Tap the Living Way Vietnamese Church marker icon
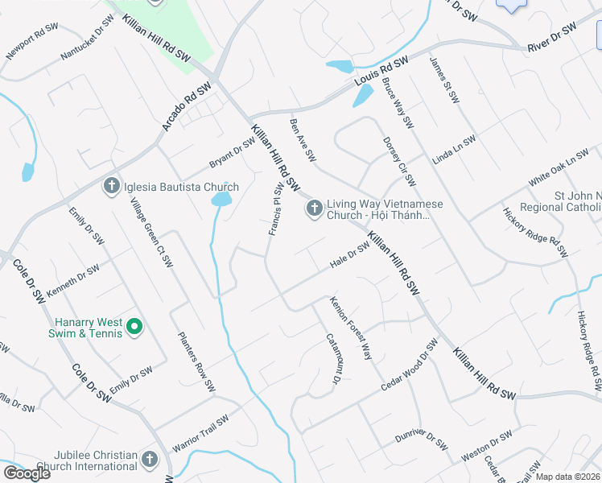pos(314,209)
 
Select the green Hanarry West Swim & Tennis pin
pos(135,328)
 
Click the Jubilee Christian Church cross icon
pos(148,460)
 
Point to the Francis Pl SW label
pos(276,209)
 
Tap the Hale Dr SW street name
pos(349,256)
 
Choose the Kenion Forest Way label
pos(351,328)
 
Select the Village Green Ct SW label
pos(153,233)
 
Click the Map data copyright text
pos(568,477)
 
